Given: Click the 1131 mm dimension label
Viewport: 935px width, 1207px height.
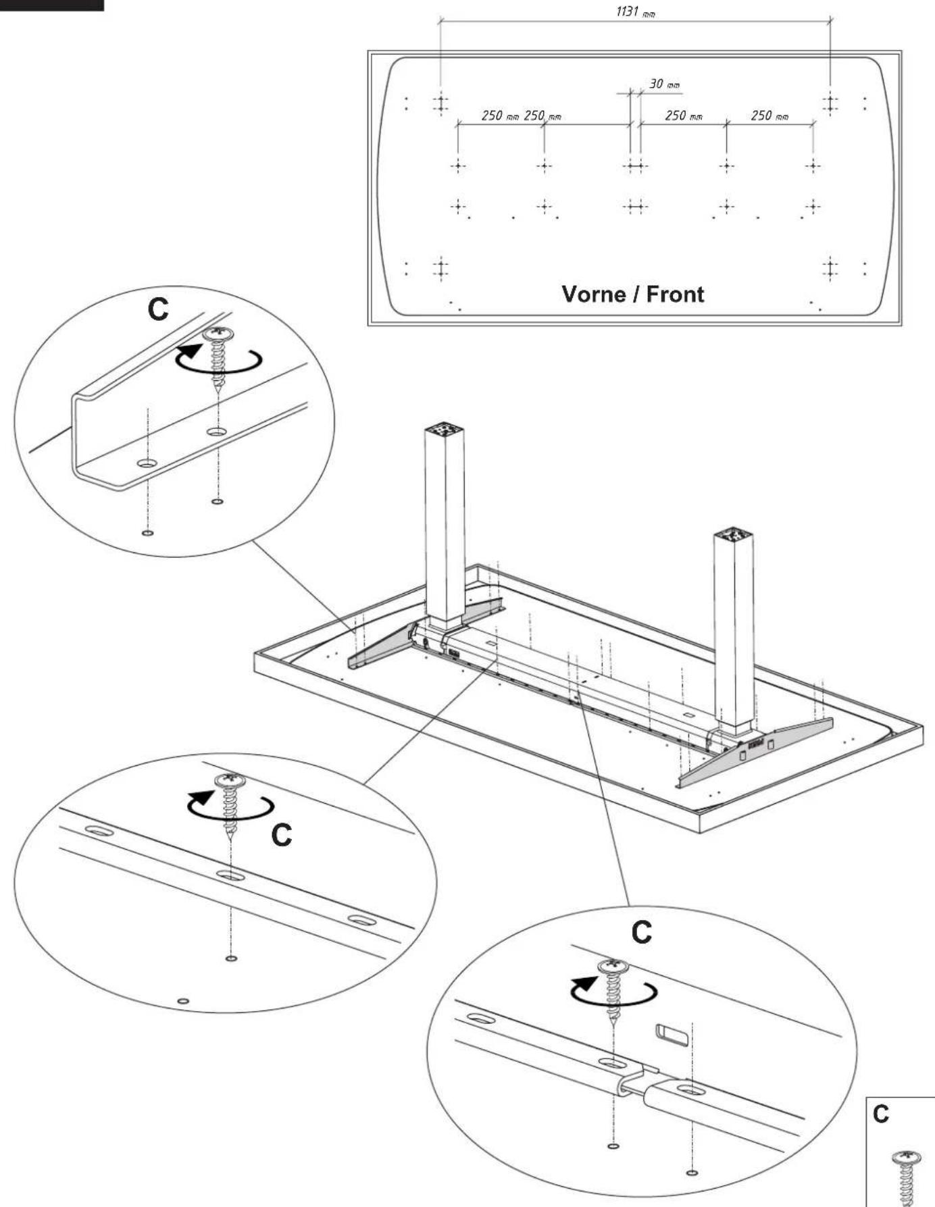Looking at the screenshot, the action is tap(636, 12).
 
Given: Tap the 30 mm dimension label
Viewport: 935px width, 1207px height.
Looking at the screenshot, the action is tap(665, 84).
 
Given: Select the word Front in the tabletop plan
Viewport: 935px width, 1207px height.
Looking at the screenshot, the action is tap(675, 294).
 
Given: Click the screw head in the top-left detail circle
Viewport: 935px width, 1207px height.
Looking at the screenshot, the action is tap(218, 333).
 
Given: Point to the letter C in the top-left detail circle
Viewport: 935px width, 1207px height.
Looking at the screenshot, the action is tap(158, 309).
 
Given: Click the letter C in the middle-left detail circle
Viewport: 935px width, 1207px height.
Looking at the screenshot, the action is tap(281, 836).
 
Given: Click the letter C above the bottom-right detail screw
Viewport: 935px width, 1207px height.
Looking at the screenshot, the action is tap(641, 932).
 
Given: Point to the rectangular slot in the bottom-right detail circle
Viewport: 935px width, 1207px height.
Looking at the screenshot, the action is tap(672, 1034).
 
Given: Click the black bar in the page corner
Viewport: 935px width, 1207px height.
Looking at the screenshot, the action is tap(52, 5).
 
